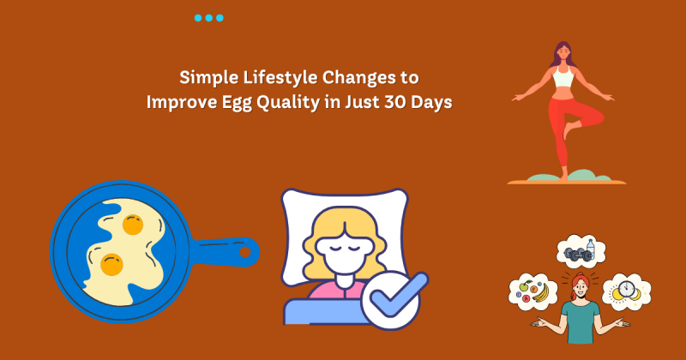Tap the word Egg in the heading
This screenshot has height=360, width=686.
(x=237, y=103)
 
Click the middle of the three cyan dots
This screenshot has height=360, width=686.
(x=208, y=18)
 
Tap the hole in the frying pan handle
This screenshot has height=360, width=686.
(x=245, y=252)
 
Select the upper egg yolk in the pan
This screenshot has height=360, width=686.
(x=133, y=225)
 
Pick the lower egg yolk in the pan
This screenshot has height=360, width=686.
(x=111, y=265)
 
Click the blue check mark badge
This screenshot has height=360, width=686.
(x=394, y=300)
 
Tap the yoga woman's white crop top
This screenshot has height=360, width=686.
(x=563, y=76)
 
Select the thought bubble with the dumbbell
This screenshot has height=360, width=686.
(x=581, y=251)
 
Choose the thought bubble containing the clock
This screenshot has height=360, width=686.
(x=627, y=292)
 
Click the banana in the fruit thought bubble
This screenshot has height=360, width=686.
(x=541, y=293)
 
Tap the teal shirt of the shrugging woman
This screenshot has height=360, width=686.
(x=581, y=322)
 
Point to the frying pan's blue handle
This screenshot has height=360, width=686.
(x=224, y=251)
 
